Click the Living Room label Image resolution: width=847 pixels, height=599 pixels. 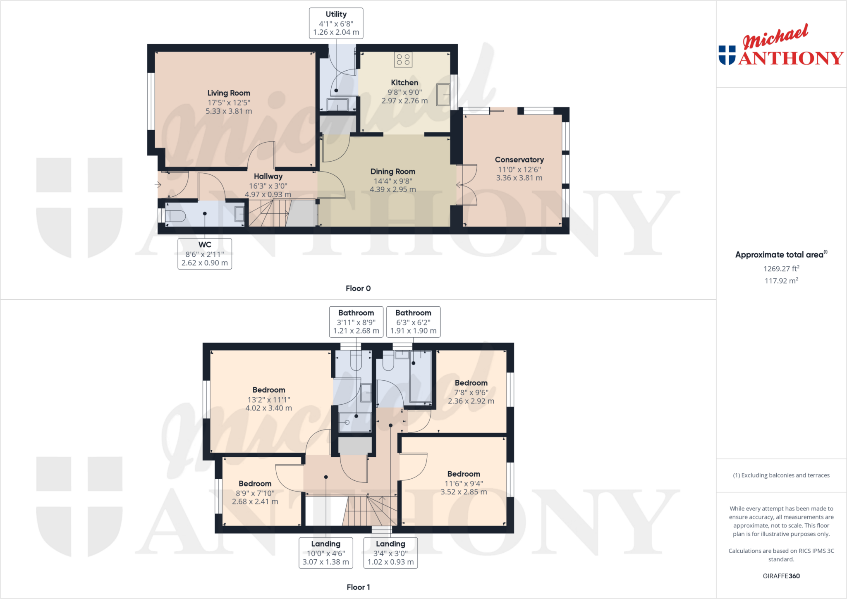229,93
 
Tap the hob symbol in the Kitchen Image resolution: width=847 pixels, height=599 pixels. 403,60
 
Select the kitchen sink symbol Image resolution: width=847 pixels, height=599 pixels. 443,95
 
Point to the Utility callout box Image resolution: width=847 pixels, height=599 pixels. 336,23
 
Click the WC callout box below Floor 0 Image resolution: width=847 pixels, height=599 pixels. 205,254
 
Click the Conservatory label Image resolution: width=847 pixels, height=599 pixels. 519,160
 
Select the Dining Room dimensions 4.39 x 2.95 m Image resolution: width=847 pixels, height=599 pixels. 392,190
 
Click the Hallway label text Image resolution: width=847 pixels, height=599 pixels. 268,177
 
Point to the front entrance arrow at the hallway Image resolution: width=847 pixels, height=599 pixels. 158,185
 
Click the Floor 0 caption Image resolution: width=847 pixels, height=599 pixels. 358,289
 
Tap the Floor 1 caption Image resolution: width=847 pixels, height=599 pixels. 358,587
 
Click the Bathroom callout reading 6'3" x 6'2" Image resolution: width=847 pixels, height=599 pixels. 413,322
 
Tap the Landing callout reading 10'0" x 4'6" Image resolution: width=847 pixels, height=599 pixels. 325,553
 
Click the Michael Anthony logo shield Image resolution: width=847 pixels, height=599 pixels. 727,55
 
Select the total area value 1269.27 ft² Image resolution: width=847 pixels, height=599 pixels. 781,269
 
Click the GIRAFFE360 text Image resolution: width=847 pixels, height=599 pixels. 781,576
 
